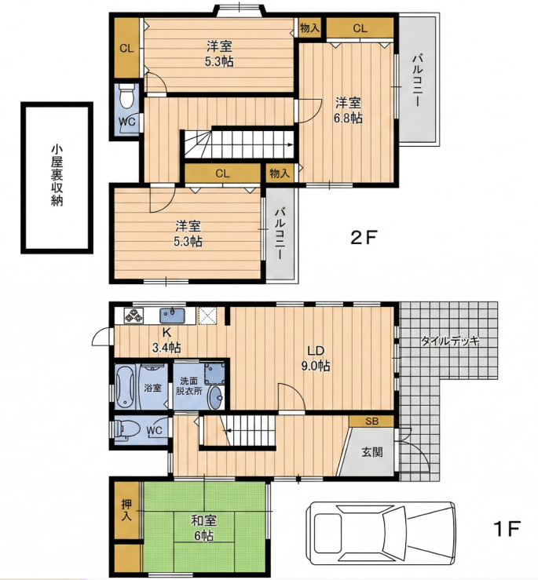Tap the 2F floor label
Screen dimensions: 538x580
click(363, 238)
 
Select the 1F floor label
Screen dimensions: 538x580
click(507, 528)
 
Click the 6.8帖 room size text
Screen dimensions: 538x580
click(348, 118)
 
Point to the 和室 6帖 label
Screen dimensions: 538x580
click(203, 528)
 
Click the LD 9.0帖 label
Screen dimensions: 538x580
click(316, 358)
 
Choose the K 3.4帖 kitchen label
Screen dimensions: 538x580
click(167, 340)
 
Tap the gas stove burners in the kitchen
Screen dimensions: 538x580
click(133, 316)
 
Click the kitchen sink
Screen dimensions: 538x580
click(173, 316)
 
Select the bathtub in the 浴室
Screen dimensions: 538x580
click(125, 387)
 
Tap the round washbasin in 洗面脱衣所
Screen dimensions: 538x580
click(214, 398)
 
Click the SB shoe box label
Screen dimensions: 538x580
click(371, 421)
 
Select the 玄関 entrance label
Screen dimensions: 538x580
click(371, 452)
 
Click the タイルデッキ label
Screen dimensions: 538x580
click(450, 341)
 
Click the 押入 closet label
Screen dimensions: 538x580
click(126, 509)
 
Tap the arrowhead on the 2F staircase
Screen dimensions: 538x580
click(291, 144)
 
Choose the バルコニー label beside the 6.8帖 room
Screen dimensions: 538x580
click(418, 80)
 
